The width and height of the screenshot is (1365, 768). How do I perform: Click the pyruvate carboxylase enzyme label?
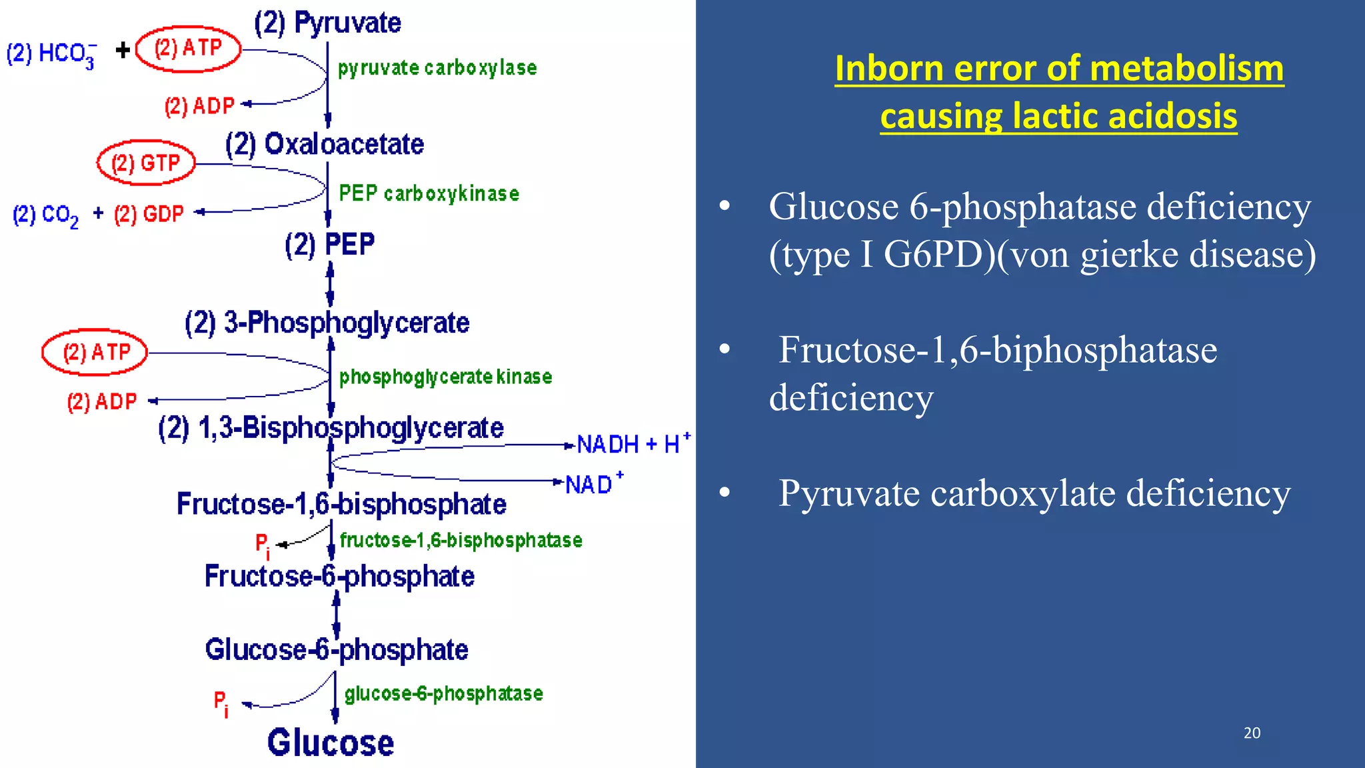(x=437, y=68)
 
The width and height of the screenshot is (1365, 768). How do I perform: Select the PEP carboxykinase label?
(x=429, y=193)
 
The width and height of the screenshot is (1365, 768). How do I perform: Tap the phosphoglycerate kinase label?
(x=445, y=377)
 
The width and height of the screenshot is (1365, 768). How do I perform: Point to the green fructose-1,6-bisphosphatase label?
(x=461, y=540)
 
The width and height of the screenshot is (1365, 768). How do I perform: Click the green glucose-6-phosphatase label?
(x=443, y=693)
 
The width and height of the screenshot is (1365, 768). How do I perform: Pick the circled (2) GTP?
(x=146, y=163)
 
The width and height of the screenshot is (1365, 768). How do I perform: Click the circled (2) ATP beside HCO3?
(x=188, y=49)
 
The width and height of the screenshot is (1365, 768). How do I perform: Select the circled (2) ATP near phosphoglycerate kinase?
(x=95, y=352)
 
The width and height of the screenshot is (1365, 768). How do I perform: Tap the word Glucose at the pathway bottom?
(x=331, y=742)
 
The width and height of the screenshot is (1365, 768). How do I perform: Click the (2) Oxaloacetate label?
(x=325, y=144)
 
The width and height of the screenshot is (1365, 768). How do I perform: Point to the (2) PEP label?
(x=329, y=245)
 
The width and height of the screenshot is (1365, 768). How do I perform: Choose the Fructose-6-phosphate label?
(x=339, y=576)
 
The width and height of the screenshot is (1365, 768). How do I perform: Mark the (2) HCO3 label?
(x=51, y=54)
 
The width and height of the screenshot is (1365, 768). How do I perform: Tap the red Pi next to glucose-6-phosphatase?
(x=221, y=703)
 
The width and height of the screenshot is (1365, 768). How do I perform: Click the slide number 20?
(x=1252, y=733)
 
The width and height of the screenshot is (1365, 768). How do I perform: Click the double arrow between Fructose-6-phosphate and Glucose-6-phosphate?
(x=336, y=613)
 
